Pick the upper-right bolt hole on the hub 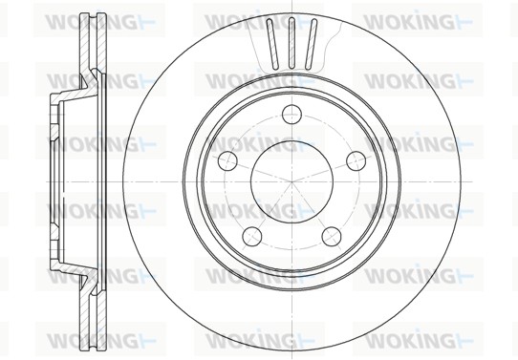(x=354, y=159)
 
